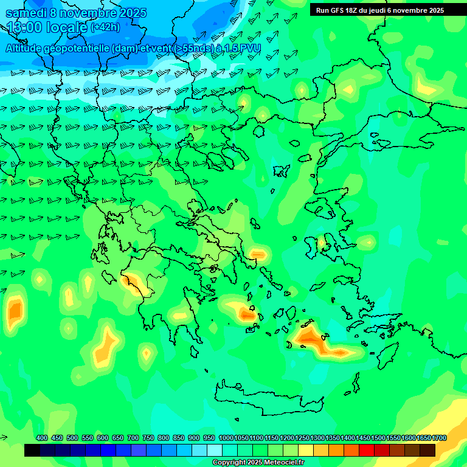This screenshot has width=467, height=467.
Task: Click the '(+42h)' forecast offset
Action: [105, 27]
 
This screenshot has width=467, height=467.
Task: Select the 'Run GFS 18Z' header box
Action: [380, 10]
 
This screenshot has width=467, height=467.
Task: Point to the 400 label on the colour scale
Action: [42, 438]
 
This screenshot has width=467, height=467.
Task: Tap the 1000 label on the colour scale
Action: [226, 438]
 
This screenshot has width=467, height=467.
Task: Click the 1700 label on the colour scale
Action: [438, 438]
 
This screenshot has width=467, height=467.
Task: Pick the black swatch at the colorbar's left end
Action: [32, 450]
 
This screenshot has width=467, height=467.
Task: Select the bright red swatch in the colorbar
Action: [367, 450]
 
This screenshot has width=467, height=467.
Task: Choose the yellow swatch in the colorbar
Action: [306, 450]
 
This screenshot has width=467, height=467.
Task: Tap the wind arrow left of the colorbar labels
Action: [5, 438]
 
